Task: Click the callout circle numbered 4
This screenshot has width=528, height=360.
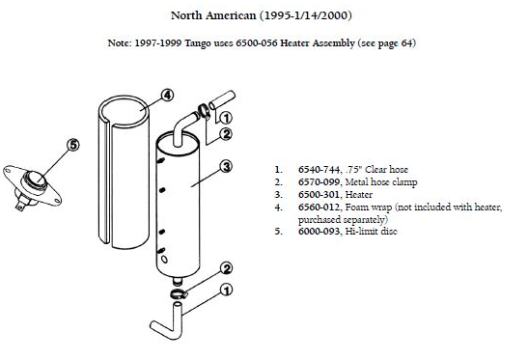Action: pyautogui.click(x=167, y=95)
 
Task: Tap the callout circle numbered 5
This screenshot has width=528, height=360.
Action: pyautogui.click(x=73, y=145)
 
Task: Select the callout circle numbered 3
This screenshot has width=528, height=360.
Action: pyautogui.click(x=226, y=166)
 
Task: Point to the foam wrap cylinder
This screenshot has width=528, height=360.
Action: pyautogui.click(x=124, y=173)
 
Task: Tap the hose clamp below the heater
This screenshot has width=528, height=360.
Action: pyautogui.click(x=179, y=294)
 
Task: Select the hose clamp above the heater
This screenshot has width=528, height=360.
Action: pyautogui.click(x=204, y=111)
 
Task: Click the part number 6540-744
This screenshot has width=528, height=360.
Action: pyautogui.click(x=319, y=170)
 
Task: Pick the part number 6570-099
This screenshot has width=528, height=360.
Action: pyautogui.click(x=319, y=181)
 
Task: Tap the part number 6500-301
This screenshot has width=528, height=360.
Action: pyautogui.click(x=319, y=195)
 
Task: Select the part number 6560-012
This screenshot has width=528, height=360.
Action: pyautogui.click(x=319, y=208)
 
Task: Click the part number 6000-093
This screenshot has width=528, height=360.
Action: pyautogui.click(x=319, y=232)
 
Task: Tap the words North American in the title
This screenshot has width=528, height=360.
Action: pyautogui.click(x=213, y=15)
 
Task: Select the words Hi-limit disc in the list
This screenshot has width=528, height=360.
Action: pyautogui.click(x=371, y=232)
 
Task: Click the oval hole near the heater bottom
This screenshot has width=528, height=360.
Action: pyautogui.click(x=164, y=259)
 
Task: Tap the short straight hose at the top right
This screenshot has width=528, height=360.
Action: pyautogui.click(x=222, y=99)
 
